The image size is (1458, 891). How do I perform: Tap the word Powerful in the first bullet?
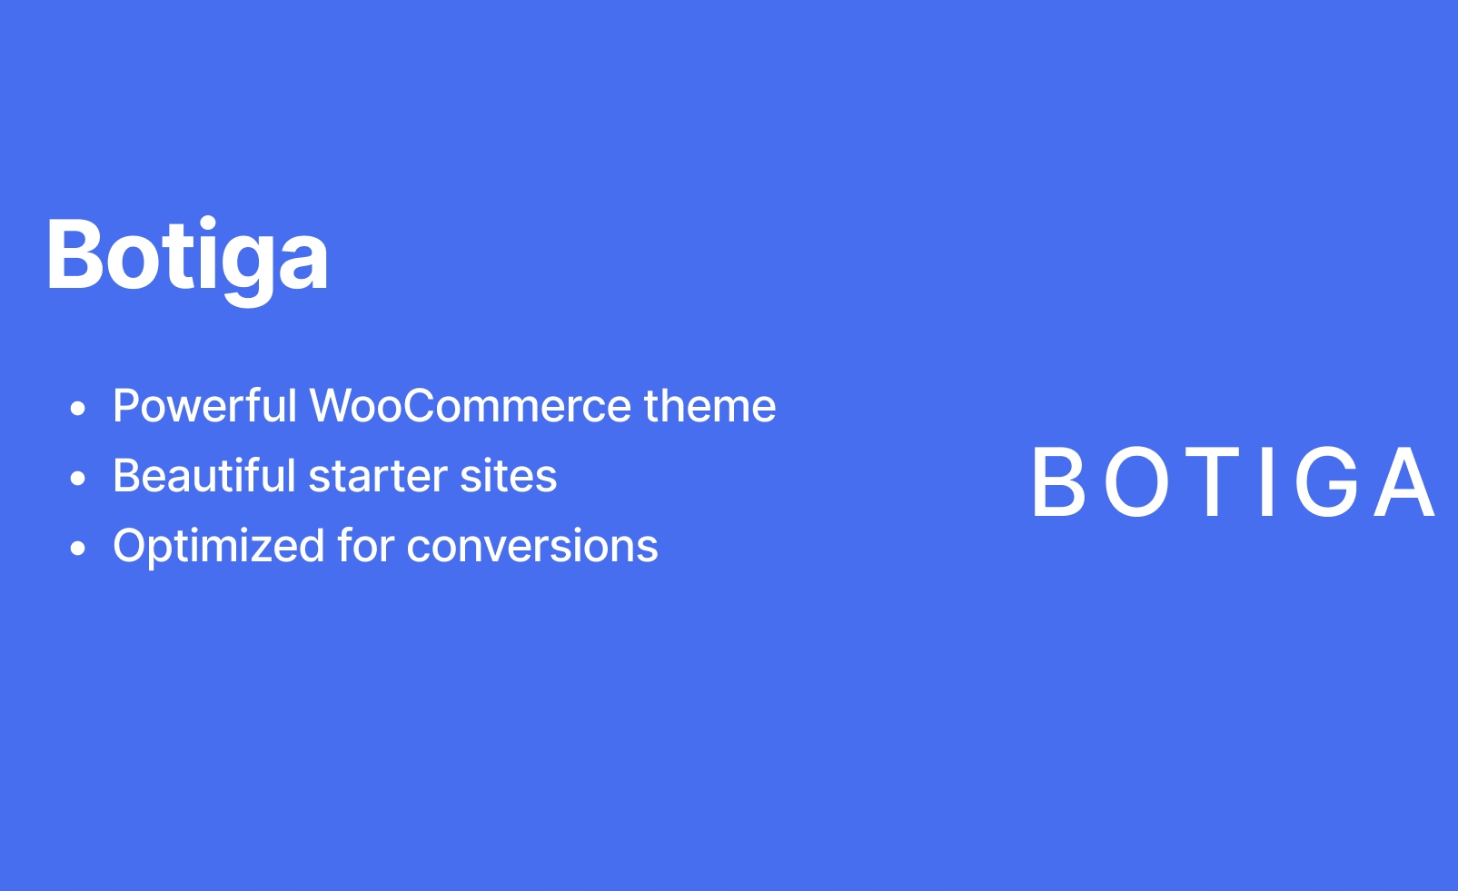205,405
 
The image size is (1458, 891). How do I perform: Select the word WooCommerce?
471,405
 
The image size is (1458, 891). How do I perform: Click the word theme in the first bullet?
710,405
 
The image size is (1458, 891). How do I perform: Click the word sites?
509,476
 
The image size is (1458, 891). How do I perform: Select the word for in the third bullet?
366,545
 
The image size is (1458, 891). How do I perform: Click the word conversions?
532,545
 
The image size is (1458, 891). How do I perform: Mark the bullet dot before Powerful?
77,408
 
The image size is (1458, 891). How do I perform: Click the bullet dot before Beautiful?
77,478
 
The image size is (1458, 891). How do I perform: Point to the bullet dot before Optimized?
77,548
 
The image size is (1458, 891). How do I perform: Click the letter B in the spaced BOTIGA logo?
1059,481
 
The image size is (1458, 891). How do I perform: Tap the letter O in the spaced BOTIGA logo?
1137,481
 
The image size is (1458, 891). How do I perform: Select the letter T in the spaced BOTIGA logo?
1212,481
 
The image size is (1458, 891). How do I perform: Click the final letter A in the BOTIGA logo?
1404,481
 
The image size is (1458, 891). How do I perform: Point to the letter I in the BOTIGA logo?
1266,481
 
